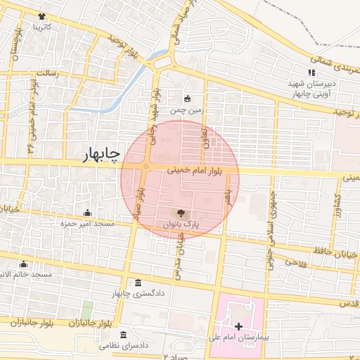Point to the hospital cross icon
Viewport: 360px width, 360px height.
point(238,326)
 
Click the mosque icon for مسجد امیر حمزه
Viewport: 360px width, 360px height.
point(87,212)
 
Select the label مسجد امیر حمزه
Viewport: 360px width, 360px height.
point(87,224)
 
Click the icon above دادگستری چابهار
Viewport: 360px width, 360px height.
point(137,283)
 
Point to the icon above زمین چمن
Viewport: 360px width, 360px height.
point(187,98)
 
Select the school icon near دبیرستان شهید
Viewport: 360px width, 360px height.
point(311,72)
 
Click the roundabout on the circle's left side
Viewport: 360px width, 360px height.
point(146,167)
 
